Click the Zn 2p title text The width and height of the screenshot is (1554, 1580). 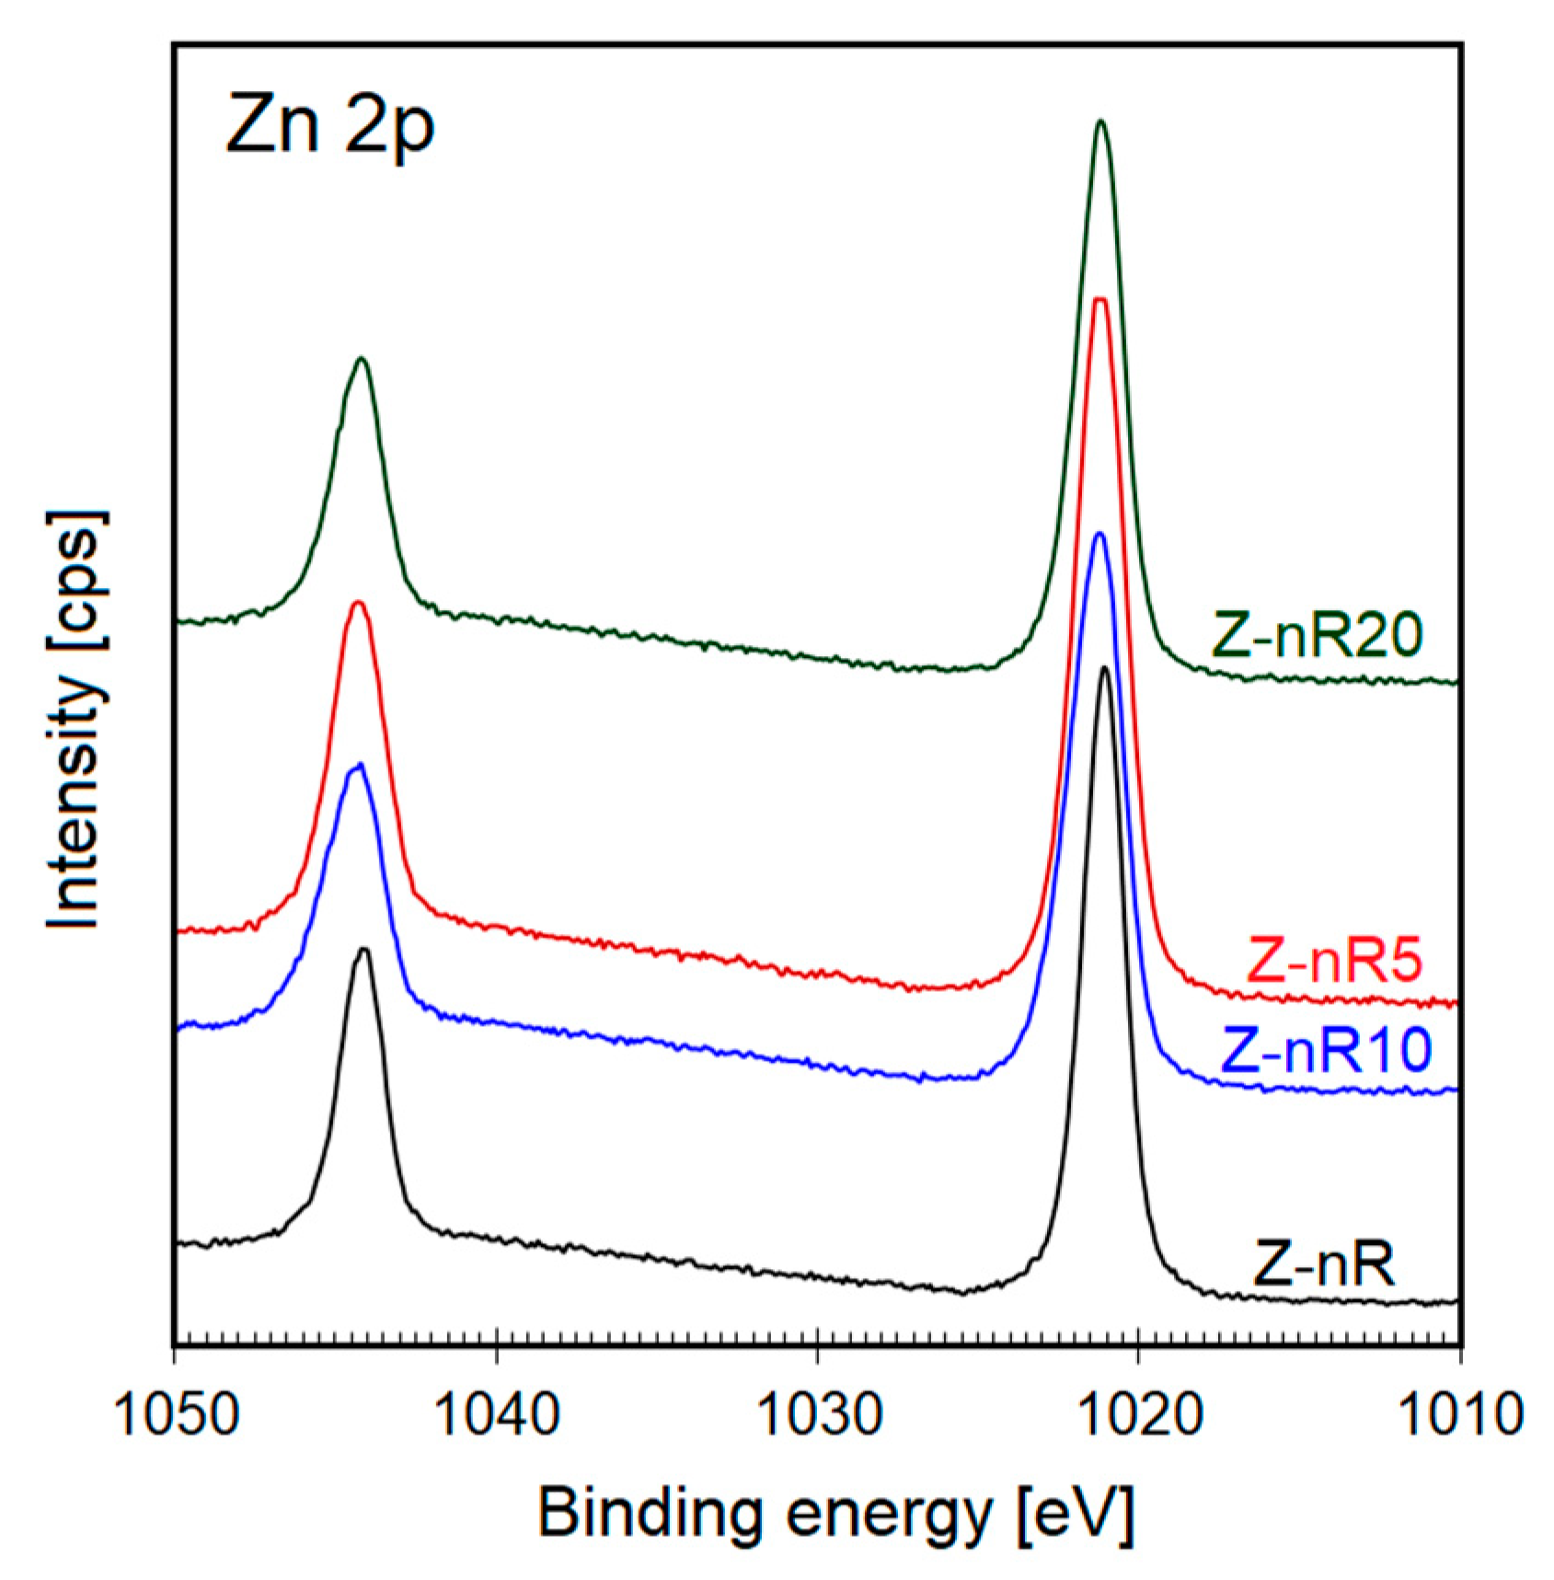point(329,126)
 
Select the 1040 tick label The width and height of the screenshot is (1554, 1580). point(497,1414)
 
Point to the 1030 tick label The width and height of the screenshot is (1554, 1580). point(818,1414)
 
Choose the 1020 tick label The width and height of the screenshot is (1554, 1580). point(1139,1414)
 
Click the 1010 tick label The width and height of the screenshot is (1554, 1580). point(1459,1414)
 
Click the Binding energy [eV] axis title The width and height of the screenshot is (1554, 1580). point(835,1513)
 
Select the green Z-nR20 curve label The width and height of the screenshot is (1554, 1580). point(1318,635)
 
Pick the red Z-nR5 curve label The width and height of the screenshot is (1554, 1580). point(1333,961)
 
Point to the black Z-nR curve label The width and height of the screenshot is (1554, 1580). point(1322,1265)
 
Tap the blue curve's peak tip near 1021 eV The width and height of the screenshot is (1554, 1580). point(1098,534)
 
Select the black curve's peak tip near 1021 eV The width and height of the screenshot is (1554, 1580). point(1104,667)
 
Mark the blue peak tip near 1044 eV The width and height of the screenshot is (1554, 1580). point(359,764)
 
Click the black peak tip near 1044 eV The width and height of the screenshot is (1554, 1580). point(363,949)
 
